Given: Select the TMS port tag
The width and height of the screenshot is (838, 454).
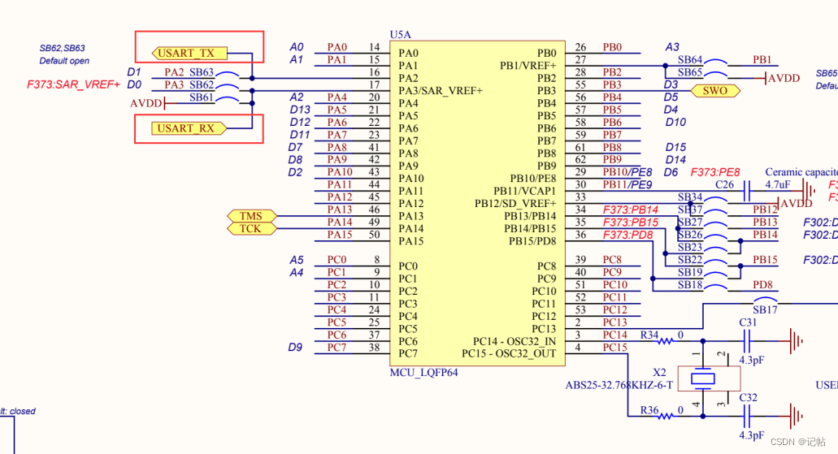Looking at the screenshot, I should [251, 216].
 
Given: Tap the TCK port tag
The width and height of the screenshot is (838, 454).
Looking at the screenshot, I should [251, 229].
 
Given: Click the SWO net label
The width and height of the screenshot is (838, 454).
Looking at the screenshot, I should [715, 91].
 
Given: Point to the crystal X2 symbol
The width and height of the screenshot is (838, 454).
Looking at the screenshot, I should [703, 378].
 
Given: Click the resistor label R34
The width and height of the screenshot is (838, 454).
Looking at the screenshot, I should [649, 335].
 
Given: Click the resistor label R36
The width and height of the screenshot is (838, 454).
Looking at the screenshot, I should [649, 410].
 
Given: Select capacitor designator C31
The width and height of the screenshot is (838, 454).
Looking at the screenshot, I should [748, 322].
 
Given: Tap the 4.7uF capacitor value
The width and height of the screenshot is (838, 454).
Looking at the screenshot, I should [779, 185].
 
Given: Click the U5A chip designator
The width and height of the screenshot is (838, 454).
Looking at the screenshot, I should [401, 35].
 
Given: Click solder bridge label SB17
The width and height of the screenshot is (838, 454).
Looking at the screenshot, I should [765, 310].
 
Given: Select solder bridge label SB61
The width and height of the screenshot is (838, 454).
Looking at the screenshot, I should [202, 97].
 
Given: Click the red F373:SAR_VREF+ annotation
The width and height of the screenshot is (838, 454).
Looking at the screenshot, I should [73, 84].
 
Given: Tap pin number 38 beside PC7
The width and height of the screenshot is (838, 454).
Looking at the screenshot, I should [374, 348].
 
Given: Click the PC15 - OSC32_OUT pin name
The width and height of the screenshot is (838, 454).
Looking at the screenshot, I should [509, 353].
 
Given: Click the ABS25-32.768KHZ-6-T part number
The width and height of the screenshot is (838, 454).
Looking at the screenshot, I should [619, 385].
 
